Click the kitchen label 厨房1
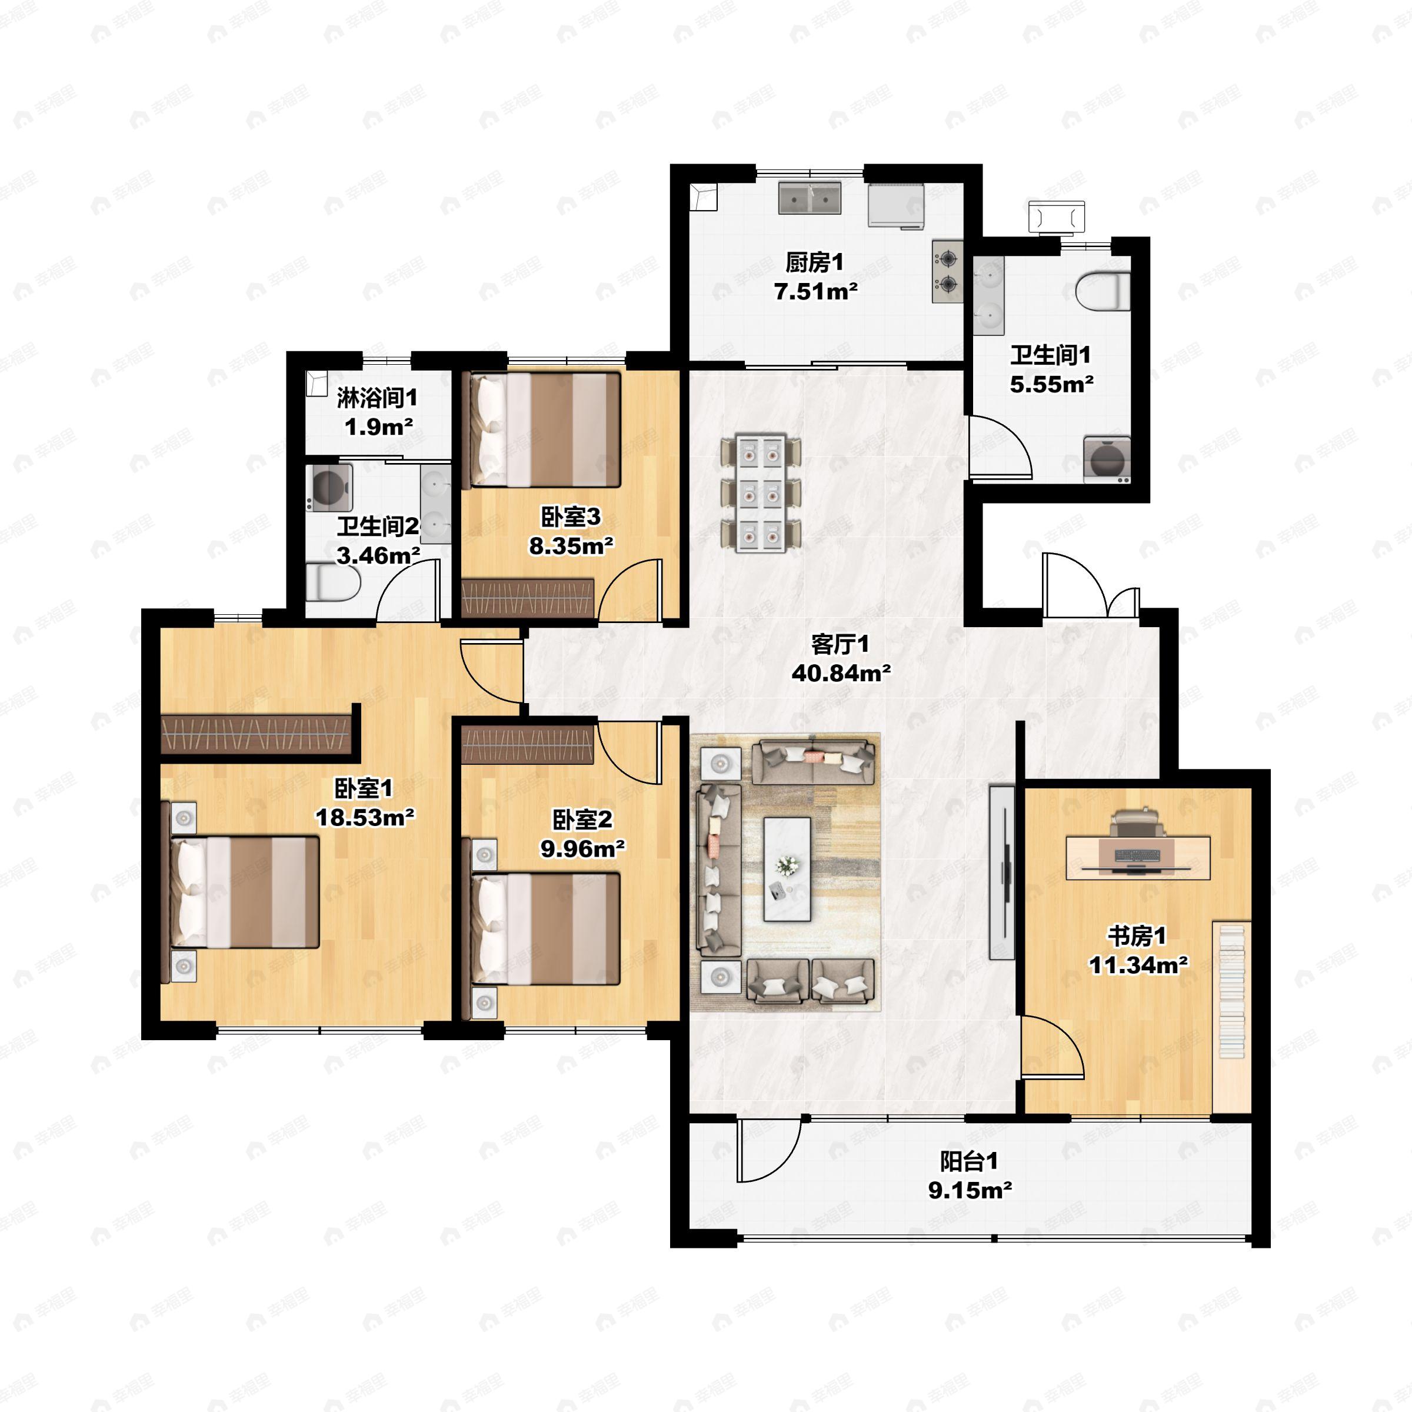tap(814, 262)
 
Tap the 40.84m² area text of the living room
tap(841, 673)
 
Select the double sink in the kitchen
tap(810, 198)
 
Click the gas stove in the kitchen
tap(948, 271)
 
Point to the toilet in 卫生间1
tap(1104, 291)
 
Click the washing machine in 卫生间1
tap(1107, 459)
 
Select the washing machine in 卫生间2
tap(329, 486)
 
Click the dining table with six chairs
tap(761, 494)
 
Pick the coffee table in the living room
tap(787, 868)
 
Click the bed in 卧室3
tap(544, 429)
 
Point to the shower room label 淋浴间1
tap(377, 398)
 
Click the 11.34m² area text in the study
tap(1138, 965)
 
